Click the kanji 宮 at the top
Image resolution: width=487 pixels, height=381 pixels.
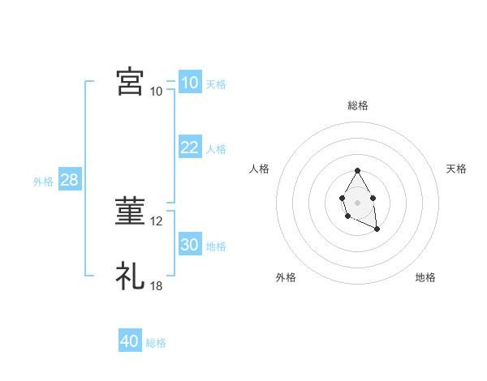[x=130, y=82]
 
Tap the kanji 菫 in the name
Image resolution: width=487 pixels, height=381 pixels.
[x=130, y=211]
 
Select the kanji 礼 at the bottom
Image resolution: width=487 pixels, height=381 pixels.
[x=130, y=276]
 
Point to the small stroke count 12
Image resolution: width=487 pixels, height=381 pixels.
[x=157, y=221]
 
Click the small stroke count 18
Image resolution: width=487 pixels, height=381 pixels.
[x=157, y=286]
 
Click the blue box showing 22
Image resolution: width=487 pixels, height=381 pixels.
[x=189, y=148]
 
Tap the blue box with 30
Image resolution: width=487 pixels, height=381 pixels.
[x=189, y=245]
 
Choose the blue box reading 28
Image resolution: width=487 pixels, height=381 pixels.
[x=69, y=180]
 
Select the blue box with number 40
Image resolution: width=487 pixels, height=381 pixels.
[x=130, y=341]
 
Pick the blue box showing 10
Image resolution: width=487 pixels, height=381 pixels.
[x=189, y=83]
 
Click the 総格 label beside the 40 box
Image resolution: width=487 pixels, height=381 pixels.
[x=156, y=343]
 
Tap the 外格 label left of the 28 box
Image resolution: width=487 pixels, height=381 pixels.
[x=43, y=182]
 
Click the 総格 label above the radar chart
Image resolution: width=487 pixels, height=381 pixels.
[x=358, y=105]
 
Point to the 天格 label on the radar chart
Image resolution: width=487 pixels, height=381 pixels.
[x=456, y=169]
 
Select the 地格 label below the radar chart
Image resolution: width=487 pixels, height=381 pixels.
[x=425, y=277]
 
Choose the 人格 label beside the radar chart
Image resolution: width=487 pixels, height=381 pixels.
[x=260, y=169]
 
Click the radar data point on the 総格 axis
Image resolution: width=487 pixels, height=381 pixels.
[x=358, y=171]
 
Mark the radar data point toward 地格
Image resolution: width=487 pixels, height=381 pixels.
[x=377, y=229]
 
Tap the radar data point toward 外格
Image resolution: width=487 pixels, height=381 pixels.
[x=347, y=216]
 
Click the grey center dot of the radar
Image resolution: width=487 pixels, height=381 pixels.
[x=358, y=202]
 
